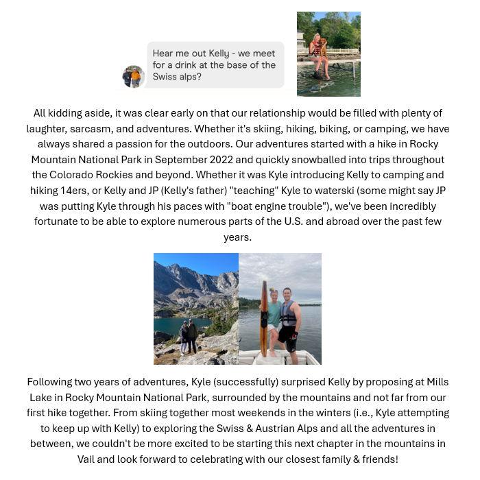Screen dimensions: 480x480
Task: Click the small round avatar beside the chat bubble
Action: point(132,76)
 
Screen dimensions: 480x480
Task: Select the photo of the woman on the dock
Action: point(328,53)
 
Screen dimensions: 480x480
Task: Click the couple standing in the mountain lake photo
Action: point(189,337)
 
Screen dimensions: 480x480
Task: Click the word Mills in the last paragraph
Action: point(436,382)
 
